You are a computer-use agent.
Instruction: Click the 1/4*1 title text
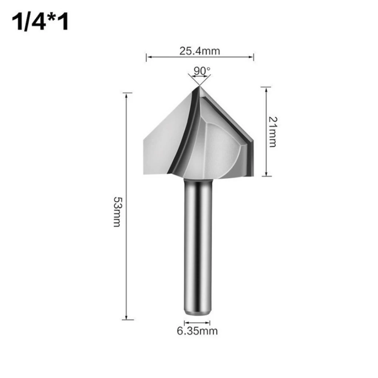41,22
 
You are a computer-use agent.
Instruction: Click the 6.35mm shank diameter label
197,331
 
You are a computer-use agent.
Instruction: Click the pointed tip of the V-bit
199,87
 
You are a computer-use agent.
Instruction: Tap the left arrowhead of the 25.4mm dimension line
148,57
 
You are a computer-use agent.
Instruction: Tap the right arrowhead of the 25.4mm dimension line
252,57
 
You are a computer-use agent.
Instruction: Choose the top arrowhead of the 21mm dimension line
267,88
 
